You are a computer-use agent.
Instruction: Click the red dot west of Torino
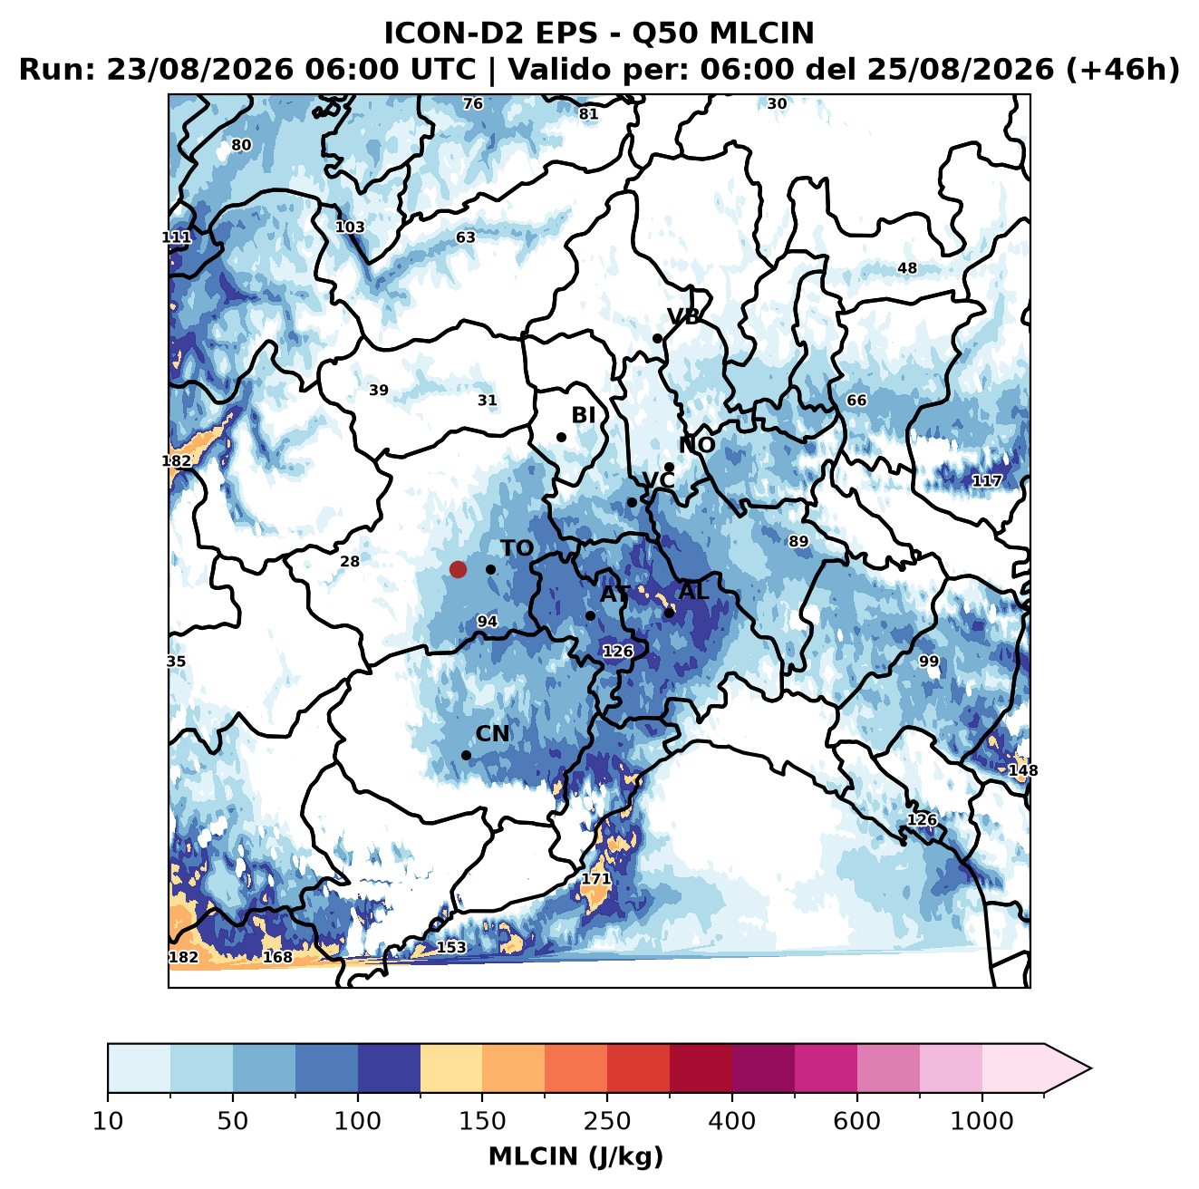point(458,569)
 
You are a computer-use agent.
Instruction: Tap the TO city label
point(517,548)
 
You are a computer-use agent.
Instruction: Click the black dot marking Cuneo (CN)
point(466,755)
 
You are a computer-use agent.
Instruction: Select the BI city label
point(583,414)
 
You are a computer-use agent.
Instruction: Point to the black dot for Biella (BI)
point(561,438)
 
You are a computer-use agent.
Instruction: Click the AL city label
point(693,591)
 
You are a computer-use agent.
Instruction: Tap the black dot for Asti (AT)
point(590,616)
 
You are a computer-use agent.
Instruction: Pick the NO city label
point(696,445)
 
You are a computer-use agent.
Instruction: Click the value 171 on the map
point(595,879)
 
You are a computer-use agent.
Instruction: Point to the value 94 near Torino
point(487,621)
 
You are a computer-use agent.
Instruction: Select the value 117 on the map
point(986,480)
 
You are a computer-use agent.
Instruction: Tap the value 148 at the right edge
point(1022,770)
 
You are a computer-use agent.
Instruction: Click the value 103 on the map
point(350,227)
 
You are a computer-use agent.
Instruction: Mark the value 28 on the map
point(350,561)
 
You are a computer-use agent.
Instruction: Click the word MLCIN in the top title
point(761,33)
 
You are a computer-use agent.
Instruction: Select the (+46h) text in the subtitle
point(1122,70)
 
